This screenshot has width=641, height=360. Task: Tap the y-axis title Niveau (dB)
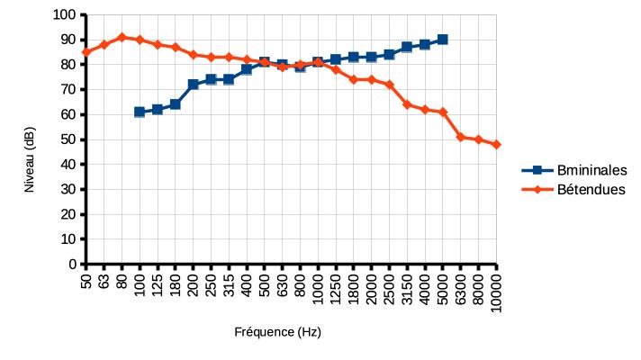pyautogui.click(x=30, y=160)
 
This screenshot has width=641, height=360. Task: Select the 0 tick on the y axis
pyautogui.click(x=71, y=265)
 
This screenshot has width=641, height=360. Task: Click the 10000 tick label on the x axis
pyautogui.click(x=496, y=290)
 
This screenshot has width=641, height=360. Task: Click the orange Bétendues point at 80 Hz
pyautogui.click(x=122, y=37)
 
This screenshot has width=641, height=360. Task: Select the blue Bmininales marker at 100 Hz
pyautogui.click(x=140, y=112)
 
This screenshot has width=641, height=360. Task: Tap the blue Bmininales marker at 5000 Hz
pyautogui.click(x=443, y=40)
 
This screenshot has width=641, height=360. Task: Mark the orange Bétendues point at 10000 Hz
pyautogui.click(x=496, y=144)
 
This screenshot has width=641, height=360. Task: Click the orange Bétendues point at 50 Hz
pyautogui.click(x=86, y=52)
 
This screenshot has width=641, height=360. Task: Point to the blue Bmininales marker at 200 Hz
pyautogui.click(x=193, y=85)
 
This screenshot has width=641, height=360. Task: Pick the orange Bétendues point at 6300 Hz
pyautogui.click(x=460, y=137)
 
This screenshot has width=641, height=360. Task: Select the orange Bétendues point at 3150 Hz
pyautogui.click(x=407, y=104)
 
